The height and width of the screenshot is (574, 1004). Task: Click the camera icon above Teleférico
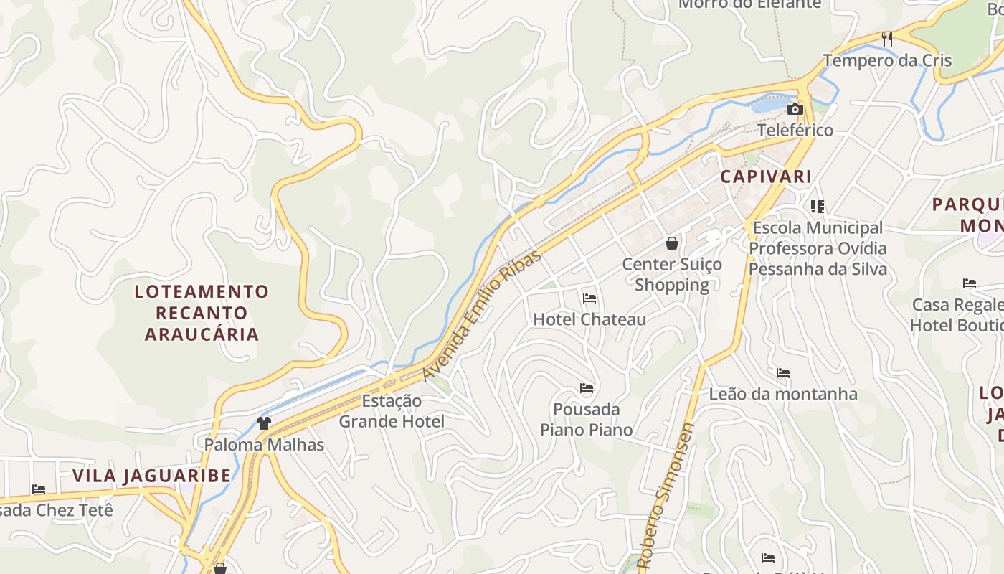[795, 110]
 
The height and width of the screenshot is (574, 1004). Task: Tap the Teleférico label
[795, 130]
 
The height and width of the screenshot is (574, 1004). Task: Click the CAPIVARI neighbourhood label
[766, 177]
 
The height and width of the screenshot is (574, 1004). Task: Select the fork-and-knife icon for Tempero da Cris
[888, 39]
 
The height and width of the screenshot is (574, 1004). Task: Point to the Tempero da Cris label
[887, 60]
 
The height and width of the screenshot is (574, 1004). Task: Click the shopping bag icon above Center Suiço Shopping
[672, 243]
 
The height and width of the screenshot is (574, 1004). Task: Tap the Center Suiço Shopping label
[672, 274]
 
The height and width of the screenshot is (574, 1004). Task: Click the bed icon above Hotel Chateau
[589, 298]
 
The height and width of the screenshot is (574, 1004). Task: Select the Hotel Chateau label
[589, 319]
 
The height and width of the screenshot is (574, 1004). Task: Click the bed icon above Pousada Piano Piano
[587, 388]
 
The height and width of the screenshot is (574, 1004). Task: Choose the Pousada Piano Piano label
[587, 419]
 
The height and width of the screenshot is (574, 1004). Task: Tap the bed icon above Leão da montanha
[783, 373]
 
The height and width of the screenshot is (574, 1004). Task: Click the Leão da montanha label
[783, 394]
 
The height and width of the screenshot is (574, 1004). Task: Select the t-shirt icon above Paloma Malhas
[264, 423]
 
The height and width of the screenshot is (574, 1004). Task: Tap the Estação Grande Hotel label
[392, 411]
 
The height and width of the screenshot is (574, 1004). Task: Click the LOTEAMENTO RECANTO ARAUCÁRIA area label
[202, 313]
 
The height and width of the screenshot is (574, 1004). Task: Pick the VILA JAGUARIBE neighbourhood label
[152, 476]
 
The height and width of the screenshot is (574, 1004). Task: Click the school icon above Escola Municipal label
[818, 207]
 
